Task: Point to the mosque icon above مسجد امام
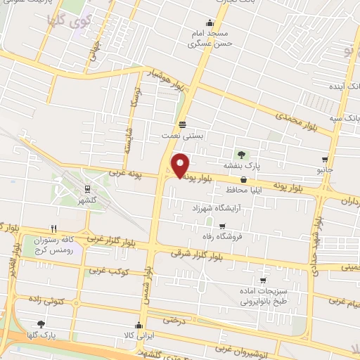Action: tap(208, 22)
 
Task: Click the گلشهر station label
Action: tap(86, 200)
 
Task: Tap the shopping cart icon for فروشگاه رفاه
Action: tap(222, 226)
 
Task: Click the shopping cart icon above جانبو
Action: tap(324, 160)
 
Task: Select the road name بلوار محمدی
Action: tap(295, 122)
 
